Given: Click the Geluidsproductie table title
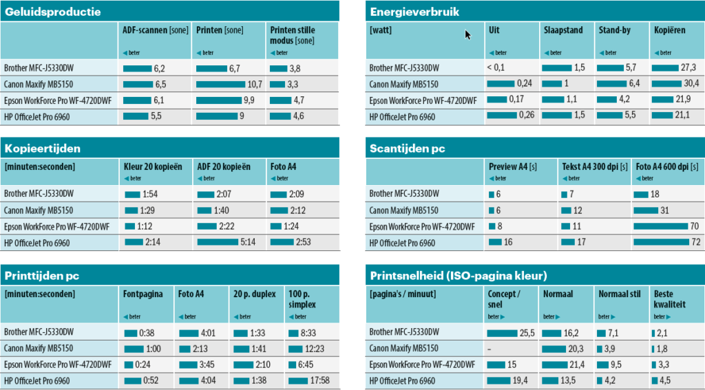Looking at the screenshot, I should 53,12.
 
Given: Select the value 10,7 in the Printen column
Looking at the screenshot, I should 255,85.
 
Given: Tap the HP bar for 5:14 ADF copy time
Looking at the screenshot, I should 218,242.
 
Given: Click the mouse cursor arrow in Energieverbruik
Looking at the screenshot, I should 468,34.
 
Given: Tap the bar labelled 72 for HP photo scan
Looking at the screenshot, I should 660,242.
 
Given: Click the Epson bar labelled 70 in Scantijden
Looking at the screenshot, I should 660,226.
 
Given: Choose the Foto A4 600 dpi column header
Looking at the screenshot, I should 666,166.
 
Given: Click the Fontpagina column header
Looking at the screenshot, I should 143,294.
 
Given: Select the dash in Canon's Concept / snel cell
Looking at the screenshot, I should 489,349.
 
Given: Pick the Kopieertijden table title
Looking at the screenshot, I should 43,148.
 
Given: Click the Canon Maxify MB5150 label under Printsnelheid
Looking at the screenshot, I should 404,349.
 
